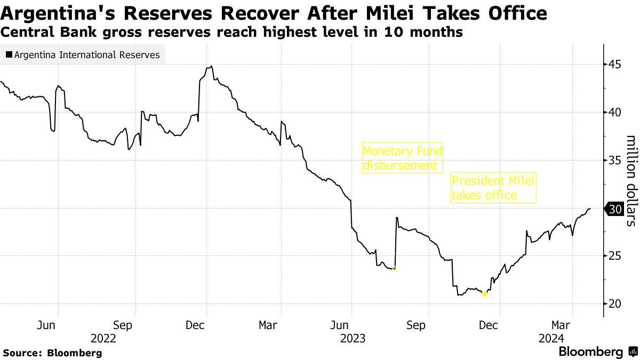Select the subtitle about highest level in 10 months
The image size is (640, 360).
[x=231, y=33]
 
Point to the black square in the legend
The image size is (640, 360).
[x=9, y=55]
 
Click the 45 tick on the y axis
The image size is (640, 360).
[x=615, y=65]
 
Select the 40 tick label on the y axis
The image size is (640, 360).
[x=615, y=113]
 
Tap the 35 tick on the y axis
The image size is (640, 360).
[x=615, y=161]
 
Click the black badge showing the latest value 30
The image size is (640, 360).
[x=615, y=209]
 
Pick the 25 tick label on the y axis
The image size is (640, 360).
[x=615, y=256]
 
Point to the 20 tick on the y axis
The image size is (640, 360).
[x=615, y=304]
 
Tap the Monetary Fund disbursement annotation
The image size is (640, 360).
[x=403, y=158]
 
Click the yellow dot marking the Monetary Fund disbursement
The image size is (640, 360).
[x=394, y=269]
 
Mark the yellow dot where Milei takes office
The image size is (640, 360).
[x=484, y=294]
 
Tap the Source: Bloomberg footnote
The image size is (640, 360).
[x=52, y=353]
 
